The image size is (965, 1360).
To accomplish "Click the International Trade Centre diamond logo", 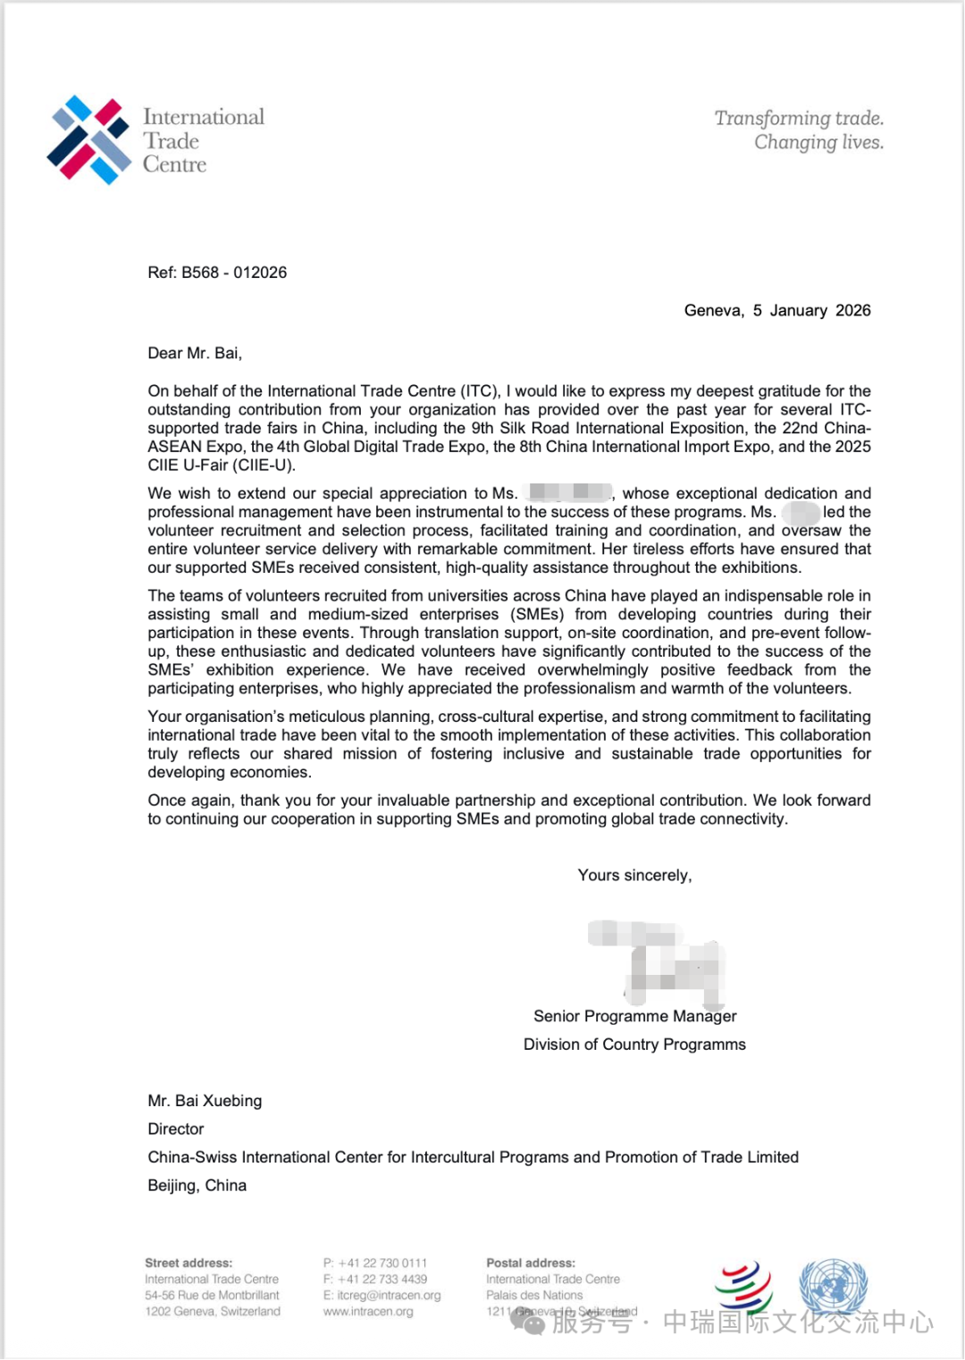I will (x=88, y=139).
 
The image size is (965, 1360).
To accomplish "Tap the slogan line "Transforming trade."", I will (x=799, y=118).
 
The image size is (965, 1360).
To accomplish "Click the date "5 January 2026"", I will (x=811, y=310).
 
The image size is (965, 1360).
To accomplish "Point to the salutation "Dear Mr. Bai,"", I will (x=195, y=353).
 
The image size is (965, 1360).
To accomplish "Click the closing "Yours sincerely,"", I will (x=634, y=875).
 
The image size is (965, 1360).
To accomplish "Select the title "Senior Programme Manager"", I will (x=634, y=1016).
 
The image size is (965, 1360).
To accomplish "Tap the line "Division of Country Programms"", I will (x=634, y=1045).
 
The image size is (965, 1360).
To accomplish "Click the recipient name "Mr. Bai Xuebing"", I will (x=205, y=1101).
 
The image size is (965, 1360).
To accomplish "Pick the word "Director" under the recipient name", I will (x=176, y=1129).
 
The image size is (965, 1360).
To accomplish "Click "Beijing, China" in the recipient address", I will (x=197, y=1185).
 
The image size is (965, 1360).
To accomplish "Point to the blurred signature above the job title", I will (x=657, y=960).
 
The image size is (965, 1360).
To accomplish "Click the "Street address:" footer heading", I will (x=189, y=1263).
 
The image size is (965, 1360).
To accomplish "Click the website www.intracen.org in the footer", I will (x=368, y=1312).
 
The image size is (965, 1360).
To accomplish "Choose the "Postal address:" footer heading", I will (x=531, y=1263).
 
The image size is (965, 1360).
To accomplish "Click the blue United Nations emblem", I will (x=833, y=1287).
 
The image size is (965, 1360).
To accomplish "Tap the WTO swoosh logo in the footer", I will (x=743, y=1287).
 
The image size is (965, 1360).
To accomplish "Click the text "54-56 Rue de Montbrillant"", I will (x=212, y=1295).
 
